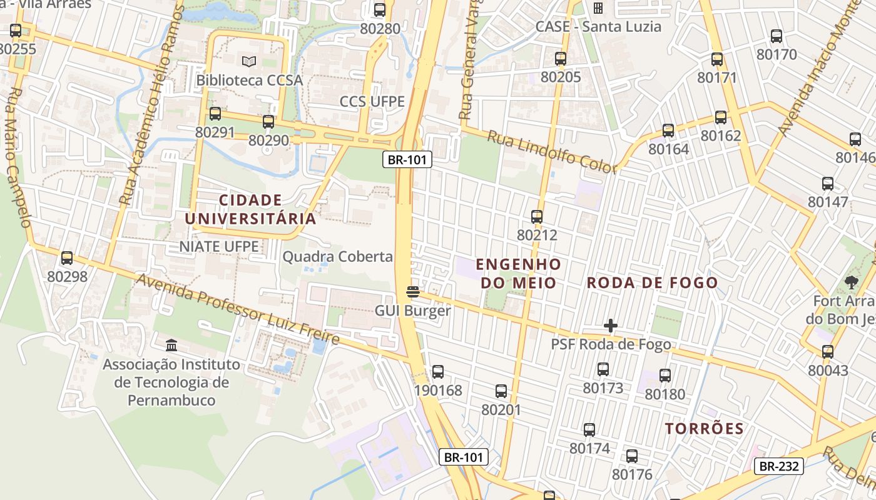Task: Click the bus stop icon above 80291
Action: coord(215,114)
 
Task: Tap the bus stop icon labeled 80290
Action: coord(268,122)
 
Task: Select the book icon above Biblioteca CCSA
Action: coord(249,62)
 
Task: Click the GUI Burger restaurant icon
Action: coord(412,292)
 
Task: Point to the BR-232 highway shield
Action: coord(778,466)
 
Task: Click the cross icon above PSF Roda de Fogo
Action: coord(611,326)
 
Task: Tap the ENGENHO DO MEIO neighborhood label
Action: coord(518,273)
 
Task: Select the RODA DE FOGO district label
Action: coord(652,282)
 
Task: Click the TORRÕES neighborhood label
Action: coord(704,429)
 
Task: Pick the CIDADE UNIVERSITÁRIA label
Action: coord(250,209)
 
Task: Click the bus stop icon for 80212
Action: coord(537,217)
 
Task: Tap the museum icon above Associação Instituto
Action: coord(171,345)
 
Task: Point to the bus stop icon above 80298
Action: coord(67,257)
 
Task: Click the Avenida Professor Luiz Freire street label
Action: coord(238,309)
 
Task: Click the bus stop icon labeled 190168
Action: coord(438,372)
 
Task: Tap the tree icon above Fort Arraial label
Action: coord(851,282)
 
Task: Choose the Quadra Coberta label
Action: coord(338,257)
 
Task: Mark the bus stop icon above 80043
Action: coord(828,352)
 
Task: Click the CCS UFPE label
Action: coord(372,101)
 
